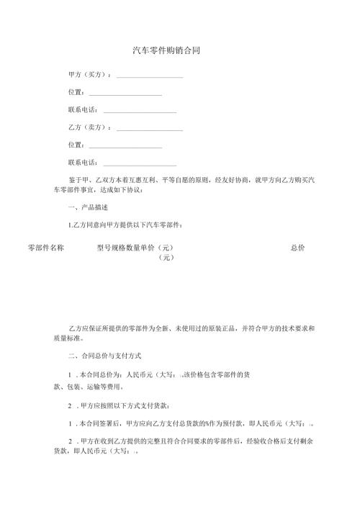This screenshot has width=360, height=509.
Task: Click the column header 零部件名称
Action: (x=46, y=248)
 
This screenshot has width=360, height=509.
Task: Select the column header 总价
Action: (x=297, y=248)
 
